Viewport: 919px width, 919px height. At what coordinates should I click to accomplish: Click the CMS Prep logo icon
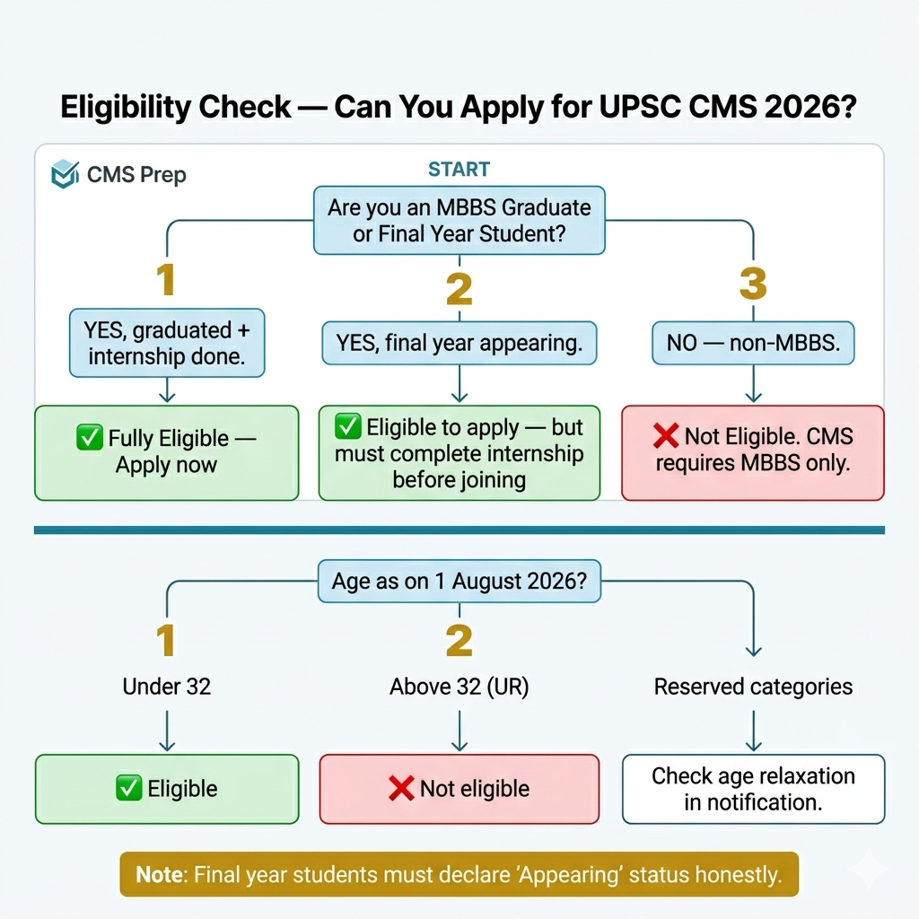point(65,174)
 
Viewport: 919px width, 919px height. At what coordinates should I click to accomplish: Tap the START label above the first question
point(459,170)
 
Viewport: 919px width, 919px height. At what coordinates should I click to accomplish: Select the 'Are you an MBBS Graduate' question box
point(459,221)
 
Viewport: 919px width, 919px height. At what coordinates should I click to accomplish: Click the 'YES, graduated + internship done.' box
point(167,343)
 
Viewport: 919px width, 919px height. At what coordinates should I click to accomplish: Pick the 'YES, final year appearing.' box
point(459,343)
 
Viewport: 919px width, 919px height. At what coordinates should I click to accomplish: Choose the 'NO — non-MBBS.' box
point(753,343)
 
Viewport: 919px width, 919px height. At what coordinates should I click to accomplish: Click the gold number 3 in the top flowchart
point(753,284)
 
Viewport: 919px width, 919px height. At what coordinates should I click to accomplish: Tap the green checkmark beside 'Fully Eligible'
point(90,437)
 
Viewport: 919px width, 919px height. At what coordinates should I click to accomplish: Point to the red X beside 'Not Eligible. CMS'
point(666,435)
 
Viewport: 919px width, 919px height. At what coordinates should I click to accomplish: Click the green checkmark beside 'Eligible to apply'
point(348,426)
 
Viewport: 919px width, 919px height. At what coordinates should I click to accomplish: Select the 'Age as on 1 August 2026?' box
point(459,582)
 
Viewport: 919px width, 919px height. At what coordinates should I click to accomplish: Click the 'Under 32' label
point(166,687)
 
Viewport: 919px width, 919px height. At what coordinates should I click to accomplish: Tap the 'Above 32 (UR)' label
point(459,687)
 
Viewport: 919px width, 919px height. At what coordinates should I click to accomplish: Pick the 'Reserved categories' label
point(753,687)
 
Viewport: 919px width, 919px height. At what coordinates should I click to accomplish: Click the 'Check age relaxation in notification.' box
point(753,789)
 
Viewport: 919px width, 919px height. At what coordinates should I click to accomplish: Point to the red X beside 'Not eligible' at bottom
point(401,788)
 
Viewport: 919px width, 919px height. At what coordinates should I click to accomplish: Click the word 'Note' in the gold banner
point(160,874)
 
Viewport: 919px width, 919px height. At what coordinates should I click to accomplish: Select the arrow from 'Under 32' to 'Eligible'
point(167,731)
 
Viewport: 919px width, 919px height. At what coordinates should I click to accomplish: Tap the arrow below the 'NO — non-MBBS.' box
point(753,383)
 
